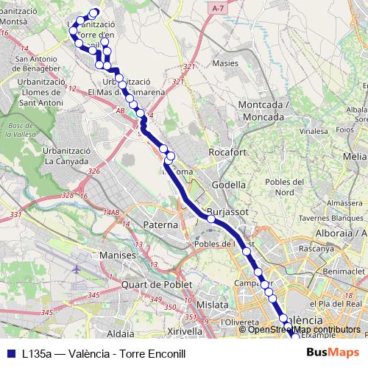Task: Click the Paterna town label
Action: [160, 224]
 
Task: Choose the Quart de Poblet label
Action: [157, 283]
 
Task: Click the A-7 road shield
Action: [216, 7]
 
